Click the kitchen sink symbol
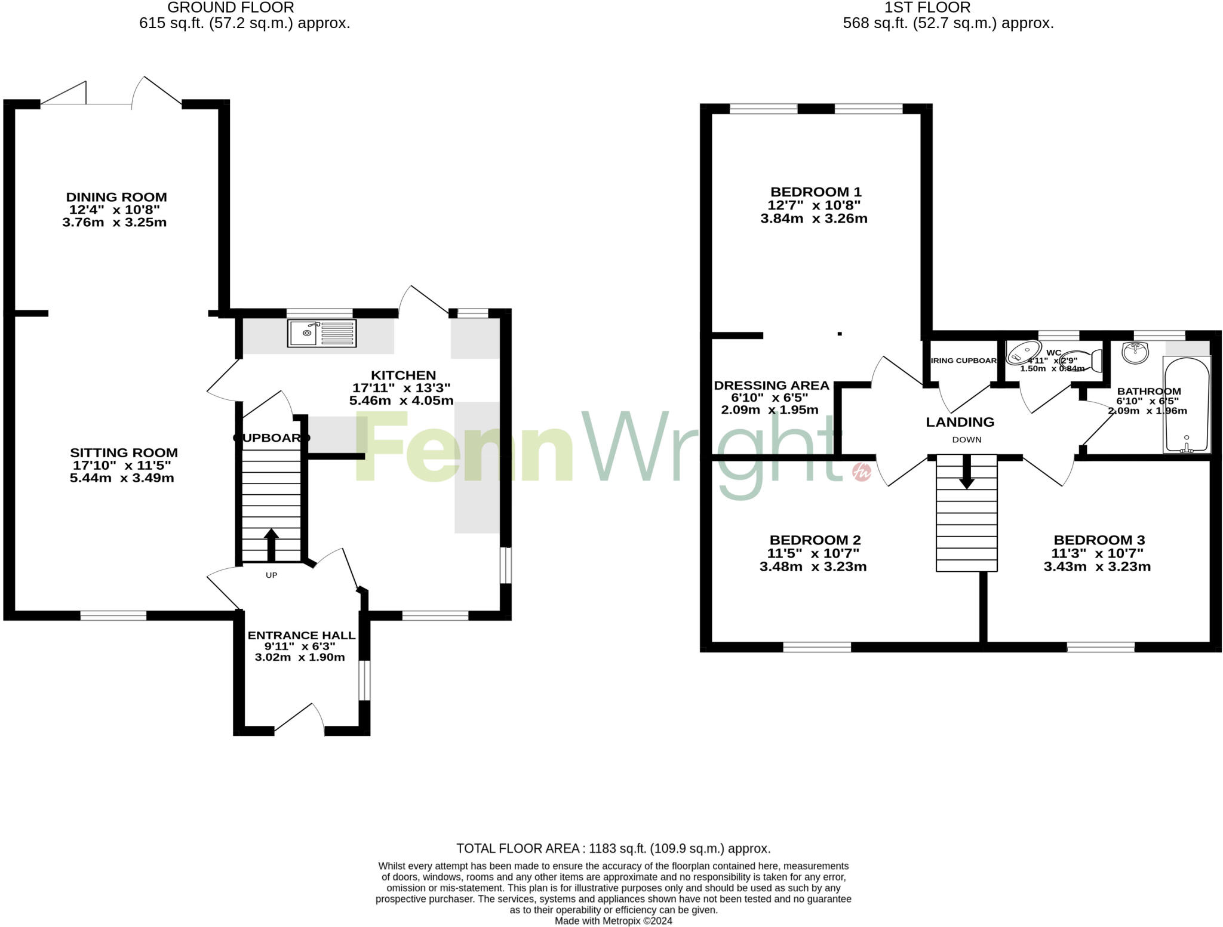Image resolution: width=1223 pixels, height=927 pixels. pyautogui.click(x=322, y=333)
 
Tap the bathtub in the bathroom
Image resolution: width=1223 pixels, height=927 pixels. pyautogui.click(x=1187, y=404)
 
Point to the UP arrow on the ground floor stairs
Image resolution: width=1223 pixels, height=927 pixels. pyautogui.click(x=271, y=543)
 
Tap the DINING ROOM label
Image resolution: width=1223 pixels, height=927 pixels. pyautogui.click(x=116, y=197)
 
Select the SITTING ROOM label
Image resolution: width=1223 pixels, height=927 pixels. pyautogui.click(x=124, y=453)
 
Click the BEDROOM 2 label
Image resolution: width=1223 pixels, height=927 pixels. pyautogui.click(x=815, y=540)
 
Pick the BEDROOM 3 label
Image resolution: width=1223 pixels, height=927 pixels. pyautogui.click(x=1099, y=540)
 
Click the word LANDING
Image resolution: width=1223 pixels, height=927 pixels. pyautogui.click(x=960, y=422)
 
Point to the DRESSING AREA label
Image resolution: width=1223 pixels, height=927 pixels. pyautogui.click(x=772, y=386)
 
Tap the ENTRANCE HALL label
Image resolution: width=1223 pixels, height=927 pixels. pyautogui.click(x=302, y=636)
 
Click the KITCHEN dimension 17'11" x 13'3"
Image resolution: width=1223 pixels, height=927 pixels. pyautogui.click(x=401, y=388)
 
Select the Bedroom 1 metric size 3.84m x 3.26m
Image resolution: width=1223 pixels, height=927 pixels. pyautogui.click(x=813, y=218)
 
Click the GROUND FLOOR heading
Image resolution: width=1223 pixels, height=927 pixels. pyautogui.click(x=231, y=8)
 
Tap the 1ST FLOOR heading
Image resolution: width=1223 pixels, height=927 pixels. pyautogui.click(x=948, y=8)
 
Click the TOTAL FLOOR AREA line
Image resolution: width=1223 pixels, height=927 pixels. pyautogui.click(x=613, y=848)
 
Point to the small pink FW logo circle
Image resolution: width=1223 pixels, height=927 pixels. pyautogui.click(x=862, y=472)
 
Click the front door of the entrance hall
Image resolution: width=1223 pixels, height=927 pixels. pyautogui.click(x=299, y=719)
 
